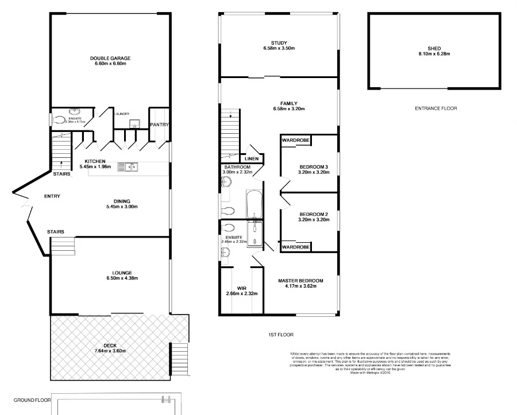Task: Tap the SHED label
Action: click(434, 48)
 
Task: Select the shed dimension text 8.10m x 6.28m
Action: click(434, 54)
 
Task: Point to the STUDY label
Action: click(279, 42)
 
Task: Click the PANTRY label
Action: click(159, 125)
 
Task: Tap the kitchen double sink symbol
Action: click(128, 167)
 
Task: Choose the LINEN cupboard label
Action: click(252, 159)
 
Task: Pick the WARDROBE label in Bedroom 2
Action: click(295, 247)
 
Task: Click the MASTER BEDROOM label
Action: click(300, 281)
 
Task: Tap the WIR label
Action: click(241, 288)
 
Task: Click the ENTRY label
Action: click(52, 197)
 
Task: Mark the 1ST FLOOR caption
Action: click(277, 334)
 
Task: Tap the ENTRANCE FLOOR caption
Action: click(435, 108)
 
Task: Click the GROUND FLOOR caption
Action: click(32, 400)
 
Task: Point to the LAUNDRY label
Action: click(122, 114)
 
